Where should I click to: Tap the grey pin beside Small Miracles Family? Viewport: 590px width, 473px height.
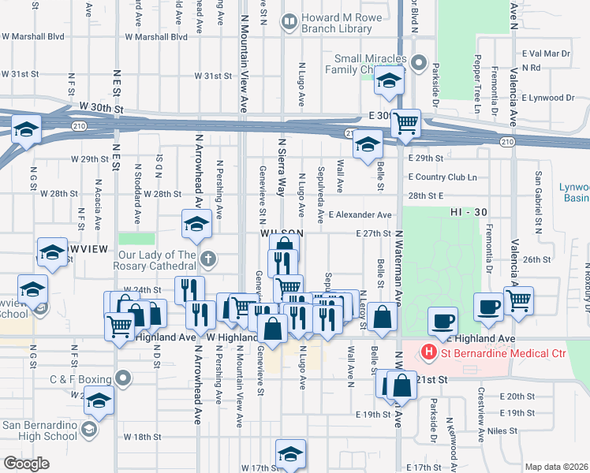[419, 63]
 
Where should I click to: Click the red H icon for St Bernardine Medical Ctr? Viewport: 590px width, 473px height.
[429, 351]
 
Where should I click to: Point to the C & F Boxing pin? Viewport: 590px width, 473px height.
[123, 379]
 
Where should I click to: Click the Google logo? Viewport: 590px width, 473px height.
[26, 464]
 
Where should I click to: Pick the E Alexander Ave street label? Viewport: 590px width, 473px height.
[360, 214]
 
